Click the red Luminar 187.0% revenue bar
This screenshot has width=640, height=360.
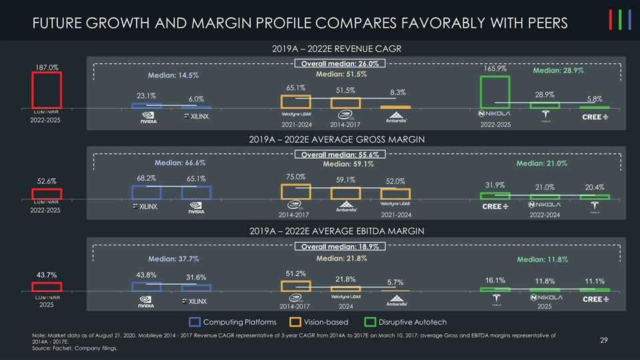pyautogui.click(x=47, y=90)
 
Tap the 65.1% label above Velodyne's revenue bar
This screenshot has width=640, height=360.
pyautogui.click(x=296, y=87)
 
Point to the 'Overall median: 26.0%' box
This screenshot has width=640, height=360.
pyautogui.click(x=339, y=63)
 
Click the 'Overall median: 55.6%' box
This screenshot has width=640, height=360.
pyautogui.click(x=339, y=155)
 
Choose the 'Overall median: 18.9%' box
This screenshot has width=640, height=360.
pyautogui.click(x=339, y=246)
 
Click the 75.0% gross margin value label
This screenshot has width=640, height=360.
pyautogui.click(x=295, y=177)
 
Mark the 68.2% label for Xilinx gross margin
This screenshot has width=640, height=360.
pyautogui.click(x=147, y=178)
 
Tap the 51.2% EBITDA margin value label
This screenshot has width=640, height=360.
pyautogui.click(x=295, y=273)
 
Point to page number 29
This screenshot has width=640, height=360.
pyautogui.click(x=603, y=341)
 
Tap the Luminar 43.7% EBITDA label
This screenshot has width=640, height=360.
pyautogui.click(x=47, y=274)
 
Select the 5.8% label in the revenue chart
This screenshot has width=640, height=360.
pyautogui.click(x=595, y=99)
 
